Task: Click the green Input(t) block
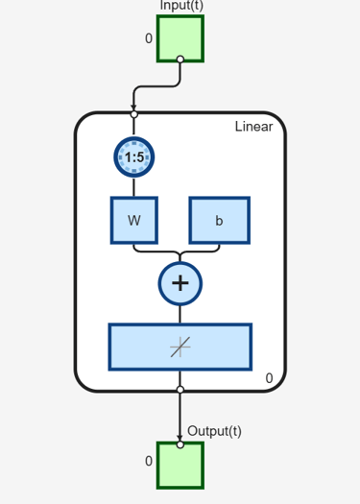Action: (180, 38)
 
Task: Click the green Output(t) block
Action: (180, 466)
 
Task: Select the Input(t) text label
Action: (181, 6)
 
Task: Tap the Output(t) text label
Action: (214, 431)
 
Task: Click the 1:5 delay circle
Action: (134, 157)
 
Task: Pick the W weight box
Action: (134, 221)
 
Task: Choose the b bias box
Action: (220, 221)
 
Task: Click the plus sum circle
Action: (180, 283)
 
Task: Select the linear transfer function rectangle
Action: (180, 348)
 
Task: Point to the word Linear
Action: (254, 127)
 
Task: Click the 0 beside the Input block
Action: (149, 38)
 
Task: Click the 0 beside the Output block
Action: (149, 461)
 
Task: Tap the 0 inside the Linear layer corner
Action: (270, 378)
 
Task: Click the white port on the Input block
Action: (180, 60)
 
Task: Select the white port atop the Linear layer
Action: (134, 114)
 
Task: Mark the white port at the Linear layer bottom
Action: (180, 390)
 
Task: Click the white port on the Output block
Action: (180, 444)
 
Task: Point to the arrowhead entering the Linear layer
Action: (133, 108)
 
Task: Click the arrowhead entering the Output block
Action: (180, 439)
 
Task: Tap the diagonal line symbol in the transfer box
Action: (180, 347)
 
